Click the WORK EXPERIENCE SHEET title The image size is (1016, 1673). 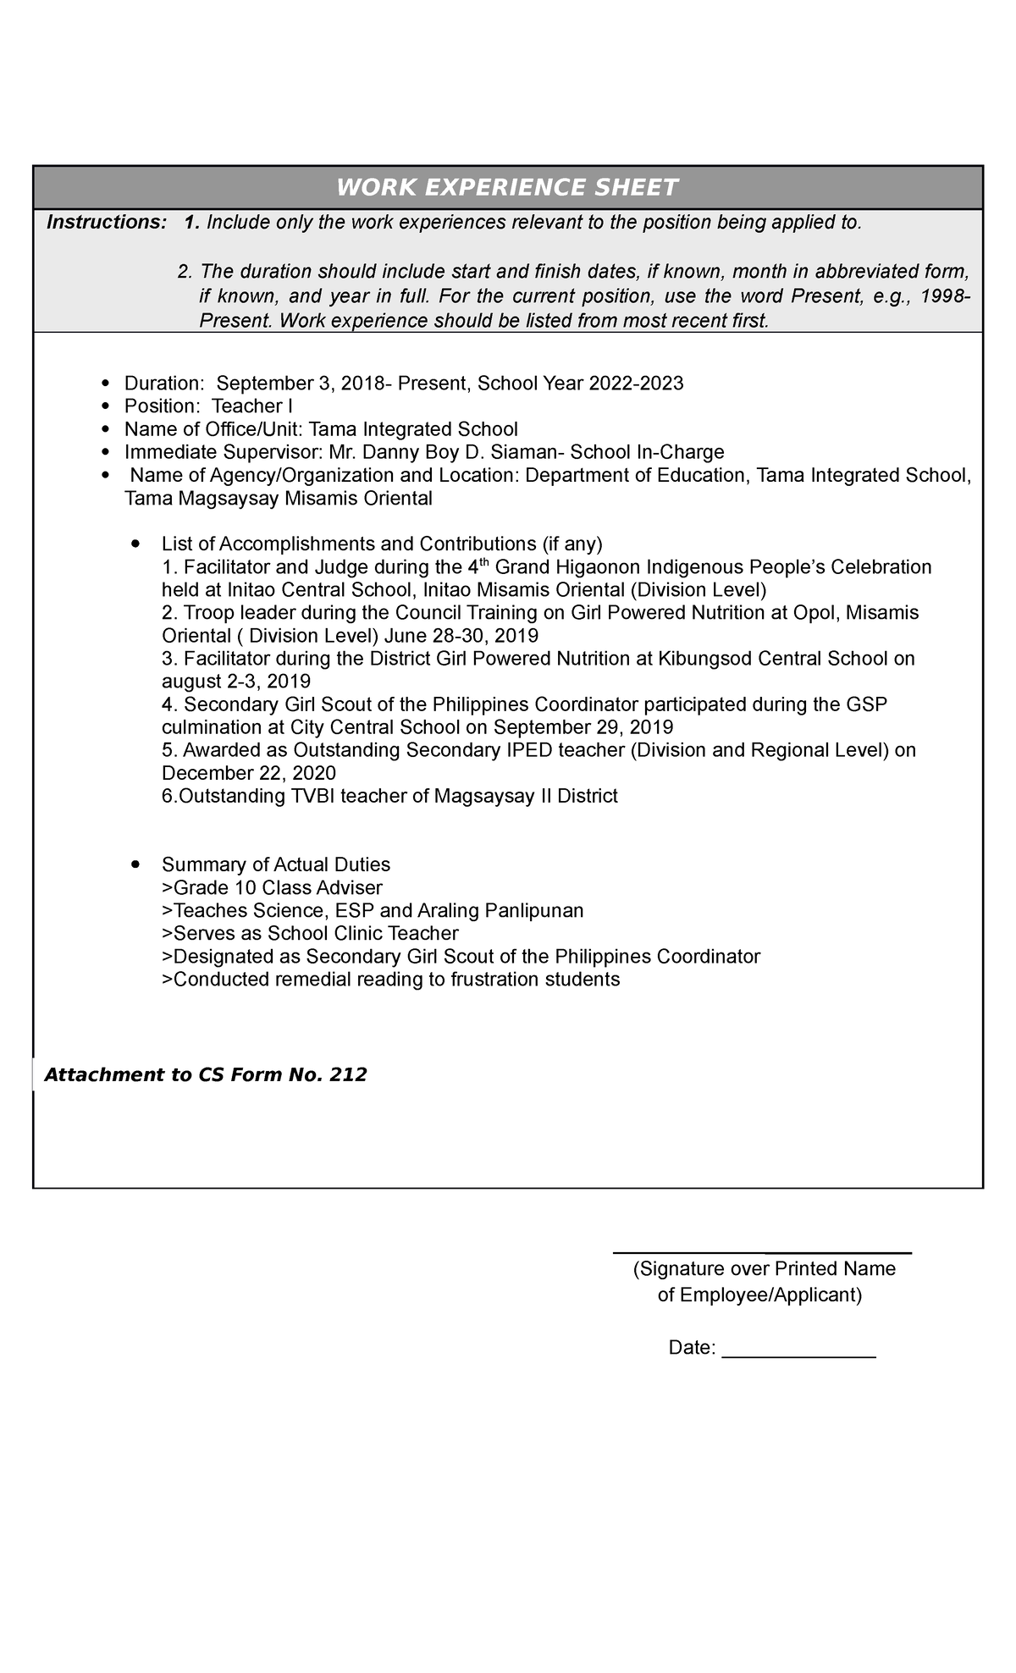click(507, 187)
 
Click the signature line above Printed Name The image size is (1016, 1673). click(761, 1252)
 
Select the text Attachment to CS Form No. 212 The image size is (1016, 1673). click(206, 1075)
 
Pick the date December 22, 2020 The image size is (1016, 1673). click(249, 773)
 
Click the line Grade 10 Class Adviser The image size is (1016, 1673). click(272, 888)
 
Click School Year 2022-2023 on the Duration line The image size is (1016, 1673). click(581, 384)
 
